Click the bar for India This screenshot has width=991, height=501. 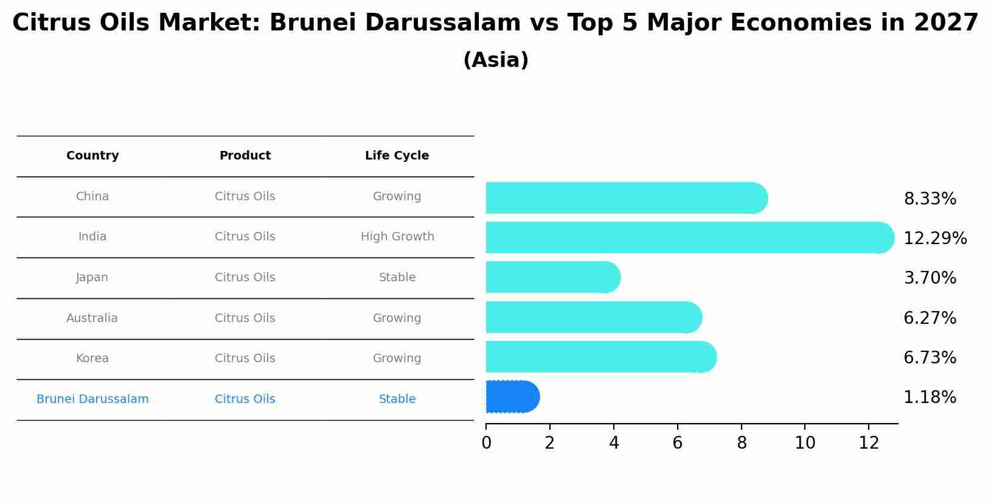pos(690,237)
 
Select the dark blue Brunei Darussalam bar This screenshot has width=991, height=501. pos(512,397)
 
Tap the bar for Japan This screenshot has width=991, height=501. pos(552,277)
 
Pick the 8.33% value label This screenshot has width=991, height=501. pos(930,199)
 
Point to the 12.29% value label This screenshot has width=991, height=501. pos(934,239)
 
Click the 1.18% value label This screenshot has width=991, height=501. pos(930,398)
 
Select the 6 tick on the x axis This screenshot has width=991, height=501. pos(677,443)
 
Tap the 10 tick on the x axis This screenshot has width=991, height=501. pos(804,443)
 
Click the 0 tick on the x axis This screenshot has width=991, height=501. pos(486,443)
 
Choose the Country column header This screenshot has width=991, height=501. pos(92,156)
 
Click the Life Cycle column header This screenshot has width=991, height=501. pos(397,156)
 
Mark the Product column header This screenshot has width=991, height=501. pos(245,156)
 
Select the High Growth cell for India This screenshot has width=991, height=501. pos(397,237)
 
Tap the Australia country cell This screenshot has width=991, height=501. pos(92,318)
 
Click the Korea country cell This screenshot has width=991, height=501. pos(92,359)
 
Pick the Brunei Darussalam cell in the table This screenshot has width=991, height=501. pos(92,399)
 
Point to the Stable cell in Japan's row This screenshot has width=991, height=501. pos(397,278)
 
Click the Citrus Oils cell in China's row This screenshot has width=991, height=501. pos(245,197)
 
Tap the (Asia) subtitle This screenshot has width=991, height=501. pos(495,60)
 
